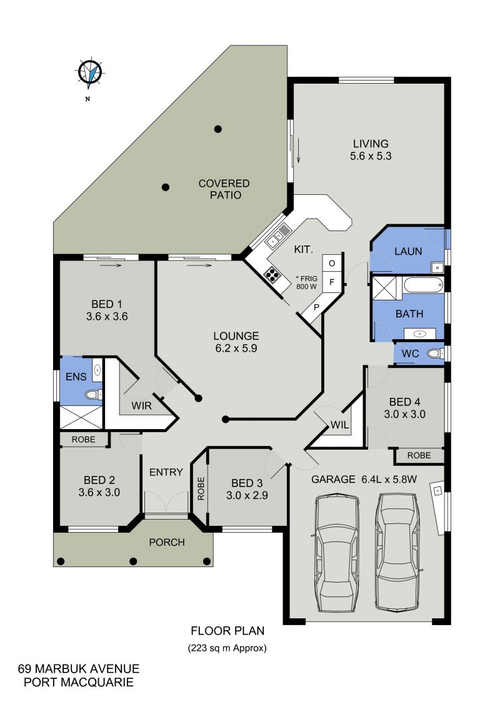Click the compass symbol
90,72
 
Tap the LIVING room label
371,144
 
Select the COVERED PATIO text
224,189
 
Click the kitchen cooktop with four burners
271,274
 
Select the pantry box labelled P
317,307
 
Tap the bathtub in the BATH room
423,285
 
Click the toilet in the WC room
435,353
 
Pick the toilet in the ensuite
93,395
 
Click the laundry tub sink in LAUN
437,268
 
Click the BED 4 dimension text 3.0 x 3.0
405,414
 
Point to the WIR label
142,406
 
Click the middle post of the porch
133,561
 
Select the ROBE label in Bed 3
201,489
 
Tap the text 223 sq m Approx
227,648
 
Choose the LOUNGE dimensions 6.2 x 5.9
236,348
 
